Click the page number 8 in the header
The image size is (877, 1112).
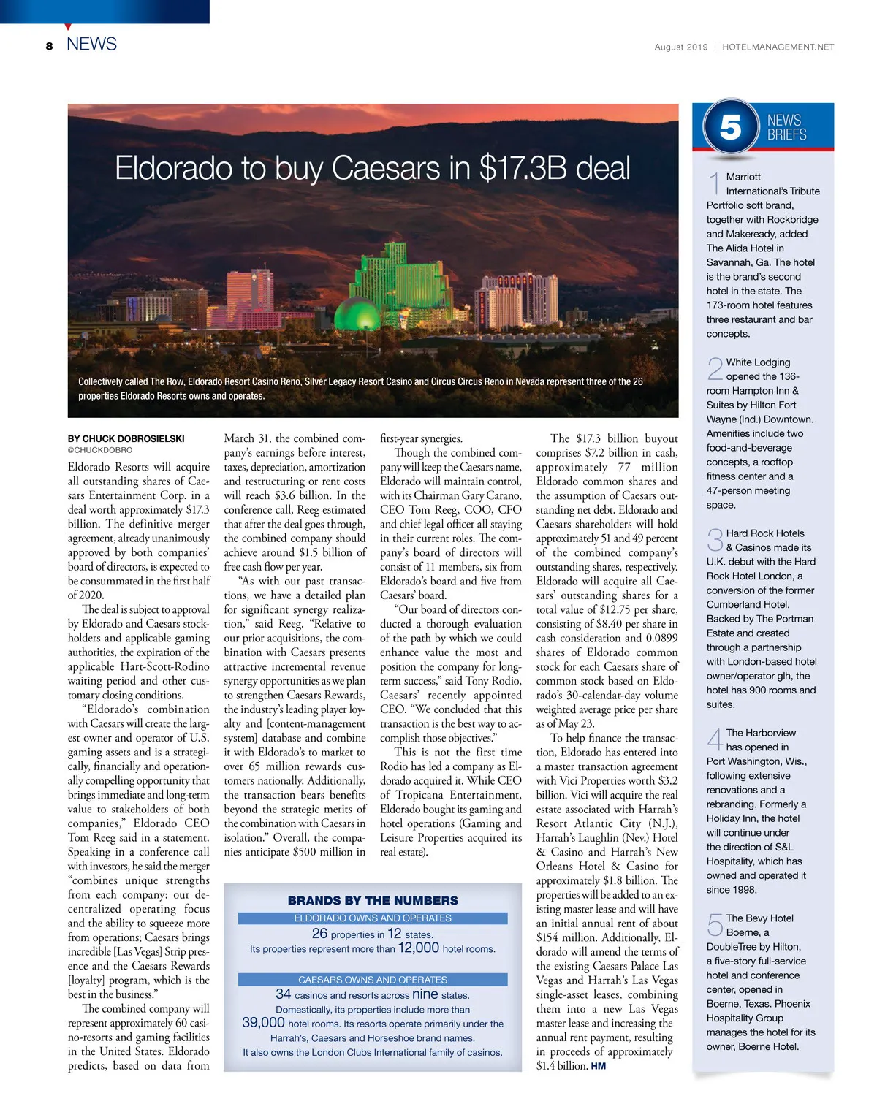click(x=49, y=46)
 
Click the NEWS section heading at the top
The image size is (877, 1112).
click(x=91, y=44)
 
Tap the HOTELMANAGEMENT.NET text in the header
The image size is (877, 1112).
click(x=778, y=47)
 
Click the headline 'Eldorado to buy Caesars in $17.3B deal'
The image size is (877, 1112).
click(x=372, y=168)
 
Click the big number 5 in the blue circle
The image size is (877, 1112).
click(x=730, y=127)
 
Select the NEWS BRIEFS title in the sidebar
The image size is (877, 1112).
click(x=786, y=127)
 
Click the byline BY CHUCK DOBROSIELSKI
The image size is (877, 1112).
click(x=126, y=439)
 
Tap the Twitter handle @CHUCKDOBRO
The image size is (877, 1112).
click(x=100, y=451)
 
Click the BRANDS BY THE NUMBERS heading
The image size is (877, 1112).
click(x=373, y=900)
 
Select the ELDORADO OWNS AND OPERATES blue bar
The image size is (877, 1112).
click(x=373, y=918)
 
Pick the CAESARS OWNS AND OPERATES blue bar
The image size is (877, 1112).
click(x=373, y=980)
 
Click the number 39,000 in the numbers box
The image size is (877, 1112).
click(x=263, y=1023)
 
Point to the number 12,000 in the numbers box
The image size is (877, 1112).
click(x=418, y=948)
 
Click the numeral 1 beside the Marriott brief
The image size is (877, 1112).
click(x=715, y=183)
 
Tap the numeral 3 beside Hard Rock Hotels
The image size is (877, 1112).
click(x=715, y=541)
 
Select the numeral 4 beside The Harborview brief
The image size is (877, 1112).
click(x=715, y=739)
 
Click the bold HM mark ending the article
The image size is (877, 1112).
click(x=598, y=1066)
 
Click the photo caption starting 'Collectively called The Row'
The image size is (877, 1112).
click(x=360, y=389)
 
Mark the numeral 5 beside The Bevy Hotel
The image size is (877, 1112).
click(x=715, y=925)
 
